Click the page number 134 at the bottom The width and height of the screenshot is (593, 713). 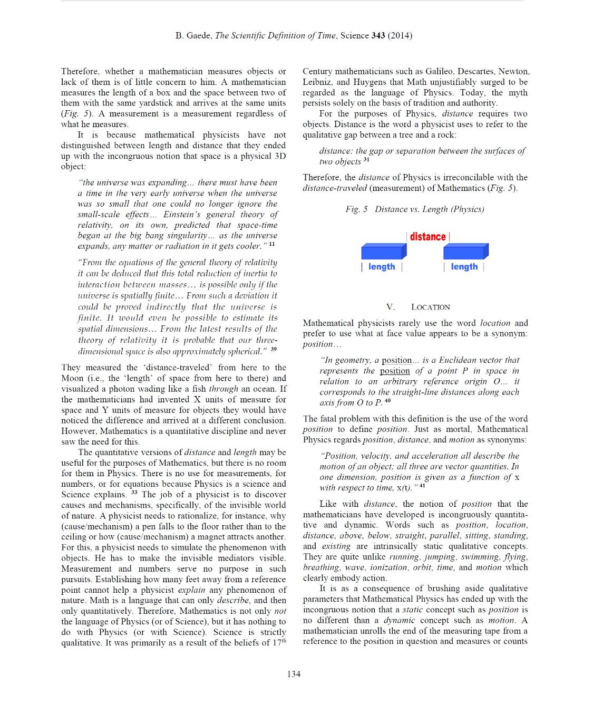point(294,673)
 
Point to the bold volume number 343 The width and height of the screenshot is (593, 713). point(378,36)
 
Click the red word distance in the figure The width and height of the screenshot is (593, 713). point(427,237)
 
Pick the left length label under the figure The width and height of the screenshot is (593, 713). point(382,267)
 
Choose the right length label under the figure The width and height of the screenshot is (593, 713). point(464,267)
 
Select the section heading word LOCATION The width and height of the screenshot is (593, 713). point(431,307)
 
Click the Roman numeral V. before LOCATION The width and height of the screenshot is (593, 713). point(390,307)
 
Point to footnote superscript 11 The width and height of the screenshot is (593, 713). point(272,244)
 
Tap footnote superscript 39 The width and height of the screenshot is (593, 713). point(274,349)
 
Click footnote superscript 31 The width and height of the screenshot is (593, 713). point(366,160)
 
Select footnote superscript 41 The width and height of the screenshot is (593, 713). point(422,486)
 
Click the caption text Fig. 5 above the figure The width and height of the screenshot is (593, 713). point(356,209)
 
